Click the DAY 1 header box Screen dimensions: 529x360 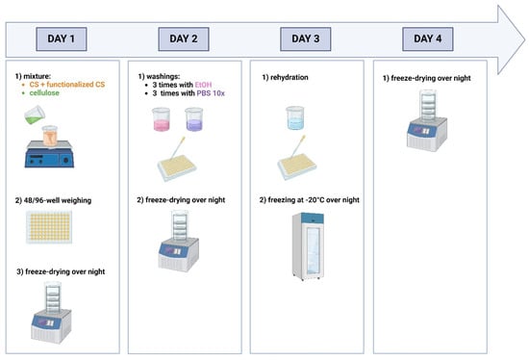point(62,39)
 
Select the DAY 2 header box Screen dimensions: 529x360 point(184,39)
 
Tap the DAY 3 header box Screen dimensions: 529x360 point(306,39)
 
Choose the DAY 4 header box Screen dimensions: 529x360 point(428,39)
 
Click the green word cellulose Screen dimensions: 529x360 point(44,92)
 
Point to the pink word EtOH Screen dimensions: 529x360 point(204,85)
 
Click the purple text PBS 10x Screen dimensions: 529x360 point(211,93)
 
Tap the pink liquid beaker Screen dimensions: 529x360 point(161,119)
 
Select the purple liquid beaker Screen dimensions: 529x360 point(194,119)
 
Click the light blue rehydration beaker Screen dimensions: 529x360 point(295,117)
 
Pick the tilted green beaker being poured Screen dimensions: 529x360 point(35,115)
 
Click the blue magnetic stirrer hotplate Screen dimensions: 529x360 point(49,154)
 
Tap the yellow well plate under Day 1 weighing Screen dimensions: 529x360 point(49,227)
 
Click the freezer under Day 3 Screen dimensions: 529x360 point(309,246)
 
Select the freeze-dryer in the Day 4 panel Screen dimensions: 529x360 point(427,120)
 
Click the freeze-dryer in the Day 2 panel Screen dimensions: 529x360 point(179,241)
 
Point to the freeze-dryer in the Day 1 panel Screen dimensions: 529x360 point(52,313)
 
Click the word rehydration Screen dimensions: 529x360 point(290,77)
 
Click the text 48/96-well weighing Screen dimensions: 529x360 point(58,200)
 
